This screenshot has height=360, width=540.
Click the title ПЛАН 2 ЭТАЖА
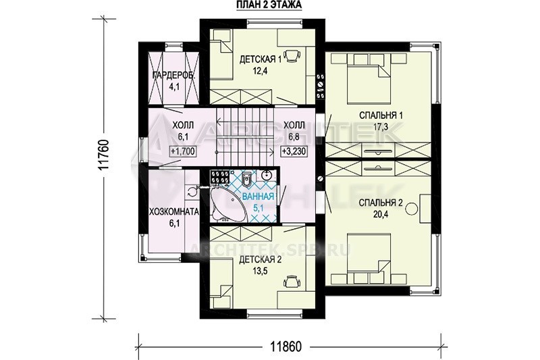(269, 5)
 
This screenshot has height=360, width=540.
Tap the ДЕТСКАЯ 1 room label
(261, 59)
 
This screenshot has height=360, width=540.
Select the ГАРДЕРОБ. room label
(173, 76)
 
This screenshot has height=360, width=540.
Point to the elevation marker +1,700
(183, 151)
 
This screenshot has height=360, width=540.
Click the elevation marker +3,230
(294, 151)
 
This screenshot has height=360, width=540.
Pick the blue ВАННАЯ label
(259, 197)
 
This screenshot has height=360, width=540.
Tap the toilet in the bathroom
(246, 178)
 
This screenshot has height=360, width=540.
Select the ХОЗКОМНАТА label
(174, 211)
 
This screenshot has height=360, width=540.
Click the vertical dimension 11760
(104, 155)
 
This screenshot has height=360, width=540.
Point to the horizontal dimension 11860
(286, 346)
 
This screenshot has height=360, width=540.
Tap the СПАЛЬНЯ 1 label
(381, 115)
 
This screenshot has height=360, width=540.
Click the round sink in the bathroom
(267, 176)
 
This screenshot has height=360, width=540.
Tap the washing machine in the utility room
(190, 191)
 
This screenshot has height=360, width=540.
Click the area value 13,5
(261, 270)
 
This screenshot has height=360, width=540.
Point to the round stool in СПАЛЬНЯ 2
(412, 208)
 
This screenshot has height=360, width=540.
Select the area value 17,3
(381, 126)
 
